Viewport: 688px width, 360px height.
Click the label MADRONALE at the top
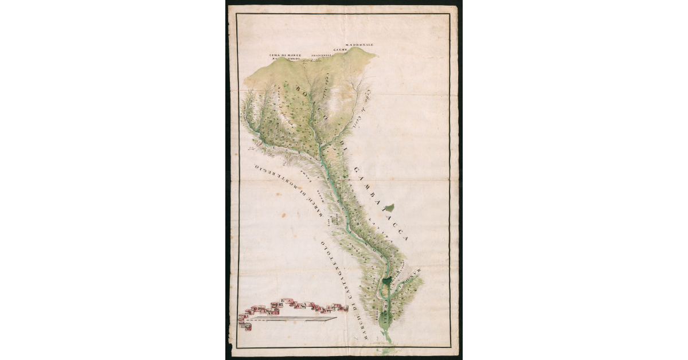click(359, 44)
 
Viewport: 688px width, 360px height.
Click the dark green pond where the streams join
click(388, 280)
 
